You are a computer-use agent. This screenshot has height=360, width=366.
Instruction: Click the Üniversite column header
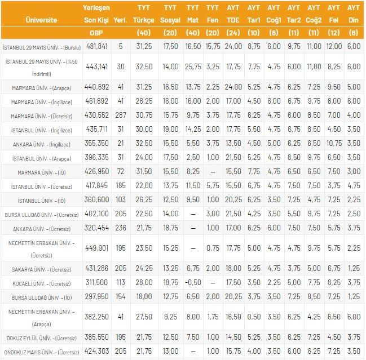pyautogui.click(x=41, y=20)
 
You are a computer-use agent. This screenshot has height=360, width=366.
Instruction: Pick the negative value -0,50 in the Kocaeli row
pyautogui.click(x=193, y=283)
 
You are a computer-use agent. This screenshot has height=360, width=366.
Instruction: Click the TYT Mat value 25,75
pyautogui.click(x=193, y=66)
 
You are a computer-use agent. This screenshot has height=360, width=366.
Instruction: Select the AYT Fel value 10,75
pyautogui.click(x=334, y=144)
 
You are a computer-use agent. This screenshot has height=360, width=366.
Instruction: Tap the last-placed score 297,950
pyautogui.click(x=95, y=296)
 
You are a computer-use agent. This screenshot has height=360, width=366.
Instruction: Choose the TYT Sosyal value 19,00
pyautogui.click(x=170, y=130)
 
